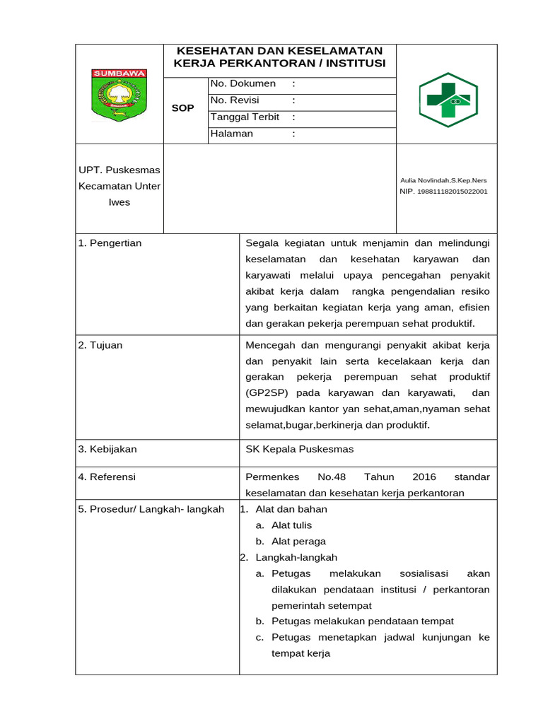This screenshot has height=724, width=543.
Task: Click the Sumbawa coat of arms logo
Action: coord(119,95)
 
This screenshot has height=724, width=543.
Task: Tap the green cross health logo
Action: coord(448,100)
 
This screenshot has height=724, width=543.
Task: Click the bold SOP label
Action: coord(182,108)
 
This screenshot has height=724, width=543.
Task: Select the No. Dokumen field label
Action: coord(243,84)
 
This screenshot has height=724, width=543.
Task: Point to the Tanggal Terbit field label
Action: coord(245,117)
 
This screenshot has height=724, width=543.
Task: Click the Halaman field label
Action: coord(232,134)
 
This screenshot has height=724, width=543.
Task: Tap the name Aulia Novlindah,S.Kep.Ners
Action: coord(443,180)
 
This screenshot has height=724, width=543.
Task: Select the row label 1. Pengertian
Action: coord(110,243)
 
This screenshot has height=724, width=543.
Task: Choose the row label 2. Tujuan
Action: coord(100,345)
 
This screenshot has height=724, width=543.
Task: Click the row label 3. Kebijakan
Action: coord(107,449)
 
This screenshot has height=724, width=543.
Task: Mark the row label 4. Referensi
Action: coord(107,477)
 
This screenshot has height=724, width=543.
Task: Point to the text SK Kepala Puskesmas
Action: coord(299,449)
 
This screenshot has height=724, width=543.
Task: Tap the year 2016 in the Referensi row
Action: coord(424,477)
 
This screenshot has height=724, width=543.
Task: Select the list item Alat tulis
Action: coord(291,525)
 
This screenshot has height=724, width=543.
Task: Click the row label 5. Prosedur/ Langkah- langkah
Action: coord(151,509)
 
